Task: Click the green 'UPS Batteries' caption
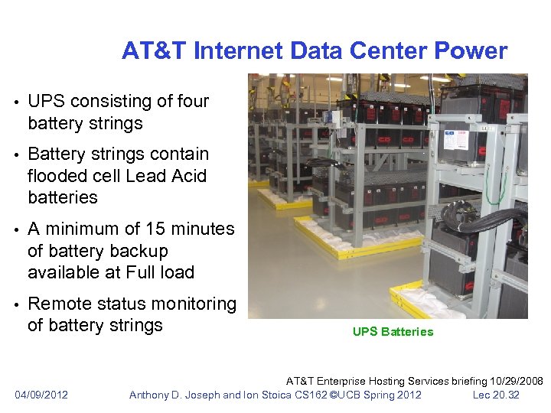pyautogui.click(x=393, y=332)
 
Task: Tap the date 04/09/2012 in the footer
pyautogui.click(x=41, y=395)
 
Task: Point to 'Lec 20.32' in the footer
pyautogui.click(x=496, y=395)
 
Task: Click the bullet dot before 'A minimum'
pyautogui.click(x=16, y=229)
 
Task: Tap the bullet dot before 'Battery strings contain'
pyautogui.click(x=16, y=154)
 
